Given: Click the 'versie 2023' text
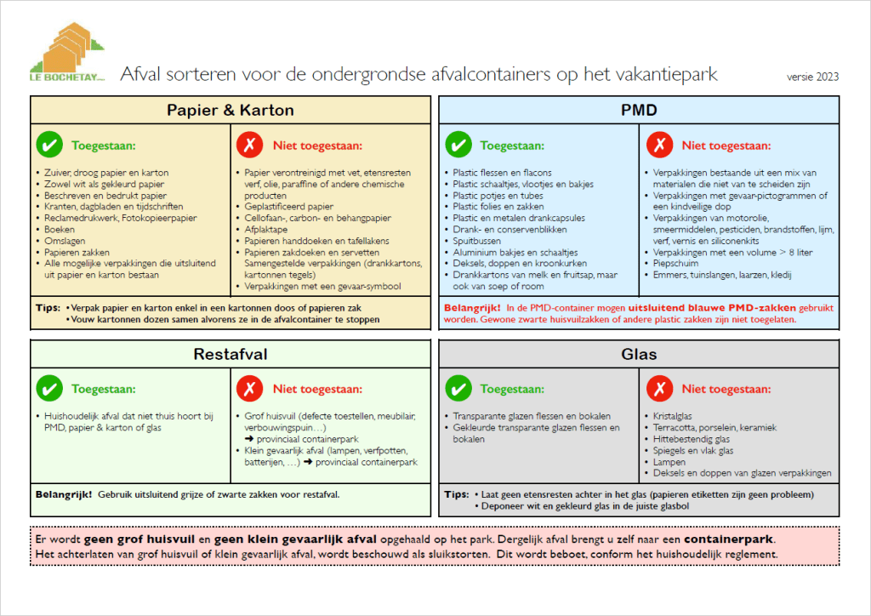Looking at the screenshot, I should click(x=813, y=77).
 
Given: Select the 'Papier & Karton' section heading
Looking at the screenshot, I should click(x=230, y=110).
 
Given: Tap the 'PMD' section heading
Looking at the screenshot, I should click(x=639, y=110).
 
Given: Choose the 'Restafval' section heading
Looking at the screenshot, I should click(x=230, y=354).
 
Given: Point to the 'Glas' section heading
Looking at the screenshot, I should click(x=639, y=354).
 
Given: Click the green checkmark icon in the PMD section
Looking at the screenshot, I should click(x=458, y=145).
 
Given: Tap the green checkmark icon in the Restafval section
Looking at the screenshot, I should click(x=50, y=390).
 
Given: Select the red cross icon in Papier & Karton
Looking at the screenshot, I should click(x=251, y=145).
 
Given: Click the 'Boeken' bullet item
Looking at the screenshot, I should click(x=60, y=229).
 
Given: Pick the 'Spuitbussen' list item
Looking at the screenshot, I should click(x=477, y=241).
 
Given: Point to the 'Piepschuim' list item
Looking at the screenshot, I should click(x=677, y=264).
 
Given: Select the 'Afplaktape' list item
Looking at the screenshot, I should click(x=266, y=229).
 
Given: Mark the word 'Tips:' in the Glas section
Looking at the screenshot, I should click(x=457, y=493).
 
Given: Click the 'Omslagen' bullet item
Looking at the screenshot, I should click(x=64, y=241).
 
